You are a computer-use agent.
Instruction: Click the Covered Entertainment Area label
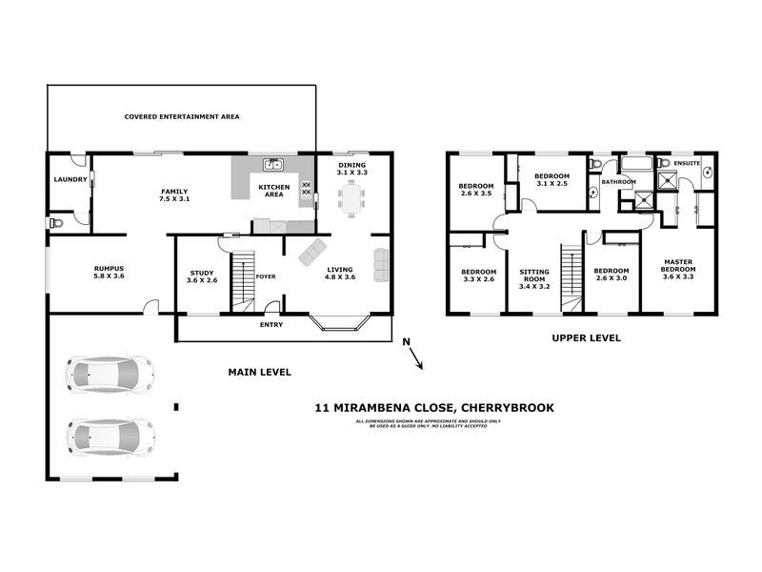click(181, 116)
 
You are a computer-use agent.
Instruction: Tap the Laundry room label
click(70, 179)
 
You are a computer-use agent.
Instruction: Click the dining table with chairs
click(351, 199)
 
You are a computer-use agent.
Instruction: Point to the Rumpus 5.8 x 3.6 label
click(109, 273)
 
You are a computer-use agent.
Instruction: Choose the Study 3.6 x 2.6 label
click(202, 276)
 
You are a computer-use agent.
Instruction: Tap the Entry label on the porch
click(271, 325)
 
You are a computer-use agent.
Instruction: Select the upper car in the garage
click(110, 374)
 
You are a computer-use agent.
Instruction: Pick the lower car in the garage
click(110, 437)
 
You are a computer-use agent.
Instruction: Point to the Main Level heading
click(258, 372)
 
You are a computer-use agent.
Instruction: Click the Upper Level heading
click(587, 337)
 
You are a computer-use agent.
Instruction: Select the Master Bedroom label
click(677, 275)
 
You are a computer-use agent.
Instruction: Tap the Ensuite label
click(686, 163)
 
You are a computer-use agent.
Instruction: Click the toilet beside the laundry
click(56, 222)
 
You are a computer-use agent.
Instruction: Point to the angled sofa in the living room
click(312, 253)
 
